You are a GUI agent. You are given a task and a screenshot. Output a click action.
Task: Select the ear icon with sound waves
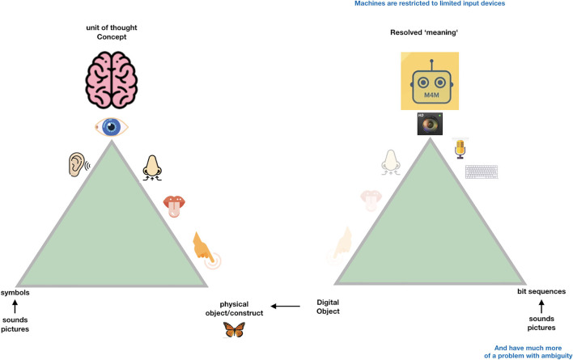pyautogui.click(x=74, y=166)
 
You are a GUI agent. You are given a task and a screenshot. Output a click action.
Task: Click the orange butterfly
pyautogui.click(x=235, y=329)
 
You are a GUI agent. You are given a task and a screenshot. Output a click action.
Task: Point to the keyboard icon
pyautogui.click(x=481, y=171)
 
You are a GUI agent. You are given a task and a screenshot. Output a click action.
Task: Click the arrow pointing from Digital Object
pyautogui.click(x=285, y=306)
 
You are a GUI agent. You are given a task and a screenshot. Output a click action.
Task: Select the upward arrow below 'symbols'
pyautogui.click(x=15, y=308)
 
